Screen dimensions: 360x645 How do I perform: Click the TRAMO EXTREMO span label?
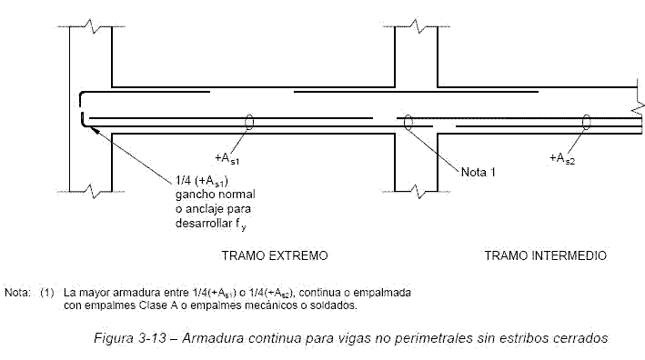pyautogui.click(x=275, y=255)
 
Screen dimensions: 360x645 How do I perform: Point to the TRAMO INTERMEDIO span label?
pyautogui.click(x=545, y=255)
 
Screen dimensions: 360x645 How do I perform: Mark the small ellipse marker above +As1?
pyautogui.click(x=248, y=122)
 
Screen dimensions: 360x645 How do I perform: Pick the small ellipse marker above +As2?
pyautogui.click(x=587, y=122)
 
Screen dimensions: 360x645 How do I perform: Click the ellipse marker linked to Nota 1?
pyautogui.click(x=408, y=122)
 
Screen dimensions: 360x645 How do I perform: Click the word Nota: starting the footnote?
pyautogui.click(x=17, y=294)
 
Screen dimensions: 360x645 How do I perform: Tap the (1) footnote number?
pyautogui.click(x=47, y=294)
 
